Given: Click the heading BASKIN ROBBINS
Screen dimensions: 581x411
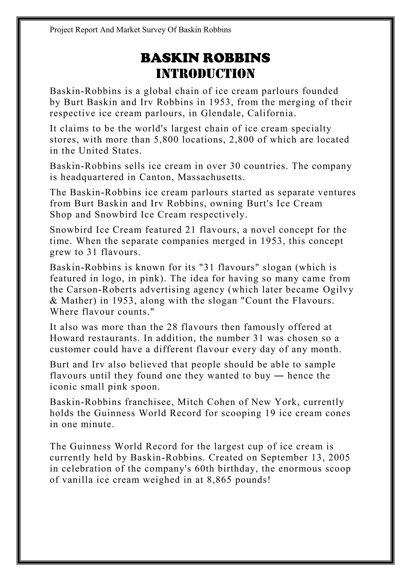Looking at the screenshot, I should click(205, 58).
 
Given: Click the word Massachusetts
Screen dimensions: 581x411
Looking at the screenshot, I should click(211, 177).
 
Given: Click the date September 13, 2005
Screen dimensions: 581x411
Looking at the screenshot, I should click(305, 457).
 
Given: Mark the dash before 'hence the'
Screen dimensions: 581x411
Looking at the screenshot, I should click(279, 376).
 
